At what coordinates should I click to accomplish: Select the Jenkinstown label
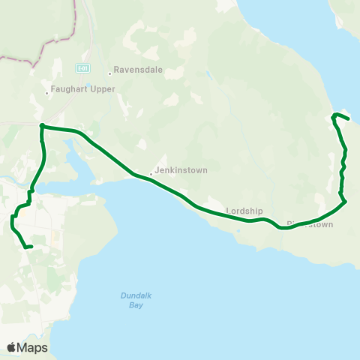tap(181, 170)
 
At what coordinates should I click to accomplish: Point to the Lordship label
tap(242, 210)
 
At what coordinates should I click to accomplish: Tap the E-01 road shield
tap(82, 67)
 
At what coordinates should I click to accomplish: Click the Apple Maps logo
tap(27, 347)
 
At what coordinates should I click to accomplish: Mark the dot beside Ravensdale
tap(109, 73)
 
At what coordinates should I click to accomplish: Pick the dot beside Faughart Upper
tap(46, 93)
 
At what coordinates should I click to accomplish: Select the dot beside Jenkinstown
tap(151, 174)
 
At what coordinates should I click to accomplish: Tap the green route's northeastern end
tap(349, 118)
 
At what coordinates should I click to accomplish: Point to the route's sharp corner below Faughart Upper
tap(42, 126)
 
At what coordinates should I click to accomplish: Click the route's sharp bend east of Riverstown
tap(345, 201)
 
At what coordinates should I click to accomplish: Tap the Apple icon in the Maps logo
tap(12, 347)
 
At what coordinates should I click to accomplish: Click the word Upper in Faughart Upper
tap(101, 89)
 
